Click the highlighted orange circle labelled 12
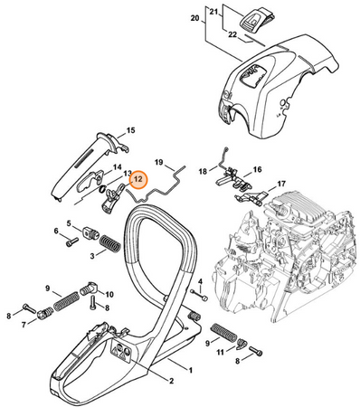coord(138,180)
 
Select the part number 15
coord(130,130)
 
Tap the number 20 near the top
coord(195,18)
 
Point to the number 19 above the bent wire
coord(159,163)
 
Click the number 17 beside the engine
coord(281,184)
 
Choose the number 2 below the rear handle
coord(171,381)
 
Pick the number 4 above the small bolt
coord(201,282)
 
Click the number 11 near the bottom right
coord(221,352)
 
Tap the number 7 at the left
coord(24,325)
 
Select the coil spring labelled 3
coord(110,242)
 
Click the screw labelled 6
coord(72,241)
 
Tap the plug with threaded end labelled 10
coord(89,289)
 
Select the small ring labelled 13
coord(102,189)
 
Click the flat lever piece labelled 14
coord(90,181)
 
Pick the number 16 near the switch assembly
coord(257,170)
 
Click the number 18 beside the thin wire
coord(203,172)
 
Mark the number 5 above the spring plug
coord(69,223)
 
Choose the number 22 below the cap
coord(232,35)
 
